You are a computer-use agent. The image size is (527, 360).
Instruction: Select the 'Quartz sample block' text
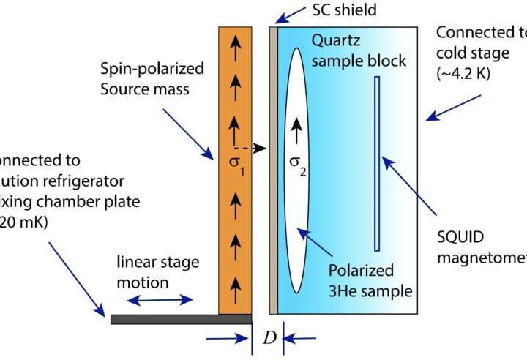359,50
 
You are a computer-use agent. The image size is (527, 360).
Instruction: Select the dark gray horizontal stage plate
181,319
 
